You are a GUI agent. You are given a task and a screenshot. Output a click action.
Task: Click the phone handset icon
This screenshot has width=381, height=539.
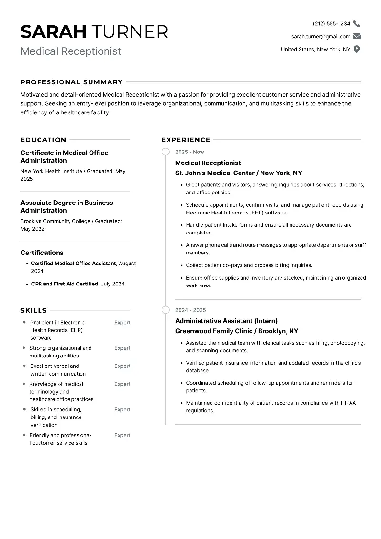(357, 24)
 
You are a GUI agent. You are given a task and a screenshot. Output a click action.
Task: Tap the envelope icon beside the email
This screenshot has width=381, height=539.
(357, 36)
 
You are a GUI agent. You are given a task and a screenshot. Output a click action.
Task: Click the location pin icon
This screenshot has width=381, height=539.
(357, 49)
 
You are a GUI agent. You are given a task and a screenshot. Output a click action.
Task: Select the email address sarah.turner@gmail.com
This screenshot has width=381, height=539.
(321, 36)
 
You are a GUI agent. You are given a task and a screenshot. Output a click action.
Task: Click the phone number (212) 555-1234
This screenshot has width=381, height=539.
(331, 24)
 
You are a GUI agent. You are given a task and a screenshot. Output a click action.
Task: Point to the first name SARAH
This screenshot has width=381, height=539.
(53, 31)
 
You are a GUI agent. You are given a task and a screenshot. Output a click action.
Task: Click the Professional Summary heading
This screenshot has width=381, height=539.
(71, 82)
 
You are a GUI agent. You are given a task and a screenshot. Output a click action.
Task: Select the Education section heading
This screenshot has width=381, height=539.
(43, 140)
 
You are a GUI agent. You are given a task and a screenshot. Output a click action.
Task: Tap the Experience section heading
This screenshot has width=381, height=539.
(186, 140)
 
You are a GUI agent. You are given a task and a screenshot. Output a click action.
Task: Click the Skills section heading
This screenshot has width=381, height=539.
(33, 310)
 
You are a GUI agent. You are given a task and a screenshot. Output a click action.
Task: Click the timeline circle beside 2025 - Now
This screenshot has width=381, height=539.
(166, 152)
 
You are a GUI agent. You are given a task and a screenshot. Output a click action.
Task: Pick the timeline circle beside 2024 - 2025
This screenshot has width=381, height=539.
(166, 310)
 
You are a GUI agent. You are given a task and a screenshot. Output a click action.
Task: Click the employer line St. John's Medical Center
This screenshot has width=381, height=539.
(239, 173)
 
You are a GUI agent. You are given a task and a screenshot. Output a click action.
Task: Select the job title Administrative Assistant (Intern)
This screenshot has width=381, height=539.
(226, 321)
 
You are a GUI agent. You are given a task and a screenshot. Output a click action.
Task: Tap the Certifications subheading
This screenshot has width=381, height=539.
(42, 253)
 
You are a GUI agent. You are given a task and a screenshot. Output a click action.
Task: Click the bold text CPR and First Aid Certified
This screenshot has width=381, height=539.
(65, 284)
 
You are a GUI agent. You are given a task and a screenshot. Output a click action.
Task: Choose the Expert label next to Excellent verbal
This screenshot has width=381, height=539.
(122, 366)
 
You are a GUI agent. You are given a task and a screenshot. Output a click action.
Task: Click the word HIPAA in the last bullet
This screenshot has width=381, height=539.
(348, 403)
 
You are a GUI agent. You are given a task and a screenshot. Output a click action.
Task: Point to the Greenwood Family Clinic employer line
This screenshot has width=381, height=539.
(237, 331)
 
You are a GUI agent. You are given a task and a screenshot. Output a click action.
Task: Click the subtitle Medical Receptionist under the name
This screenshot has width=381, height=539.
(71, 51)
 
